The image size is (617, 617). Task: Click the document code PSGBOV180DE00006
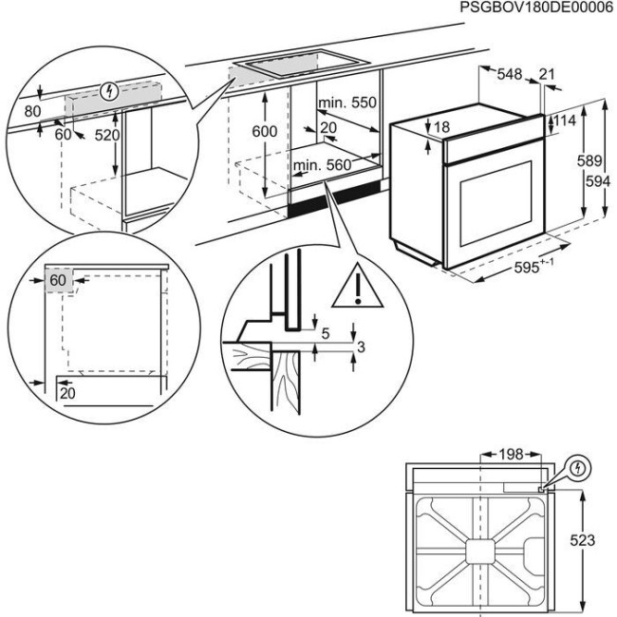click(x=536, y=8)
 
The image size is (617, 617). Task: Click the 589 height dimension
click(x=589, y=161)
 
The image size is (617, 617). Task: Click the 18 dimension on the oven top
click(x=440, y=127)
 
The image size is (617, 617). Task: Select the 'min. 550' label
click(x=347, y=103)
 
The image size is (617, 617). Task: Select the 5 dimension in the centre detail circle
click(x=326, y=333)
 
